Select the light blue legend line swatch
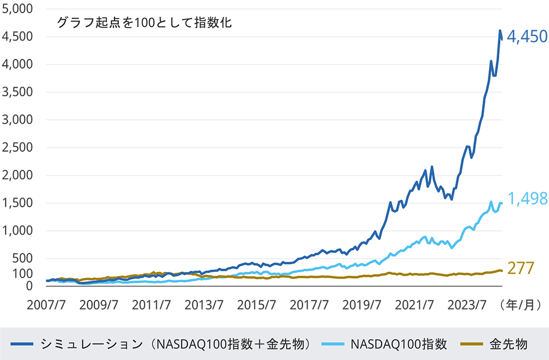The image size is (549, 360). (332, 344)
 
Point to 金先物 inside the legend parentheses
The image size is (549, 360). (285, 344)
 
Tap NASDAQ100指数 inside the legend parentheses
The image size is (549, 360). (204, 344)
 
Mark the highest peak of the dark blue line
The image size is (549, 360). (500, 31)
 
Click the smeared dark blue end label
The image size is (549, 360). (529, 43)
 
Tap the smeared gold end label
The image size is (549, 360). (527, 260)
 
